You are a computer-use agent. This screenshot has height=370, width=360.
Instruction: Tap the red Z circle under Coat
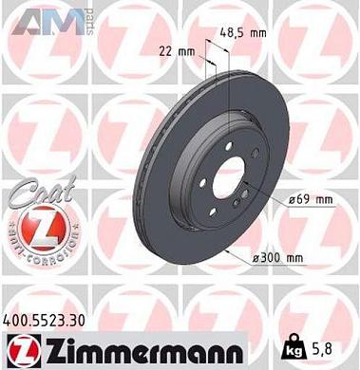click(x=34, y=230)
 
